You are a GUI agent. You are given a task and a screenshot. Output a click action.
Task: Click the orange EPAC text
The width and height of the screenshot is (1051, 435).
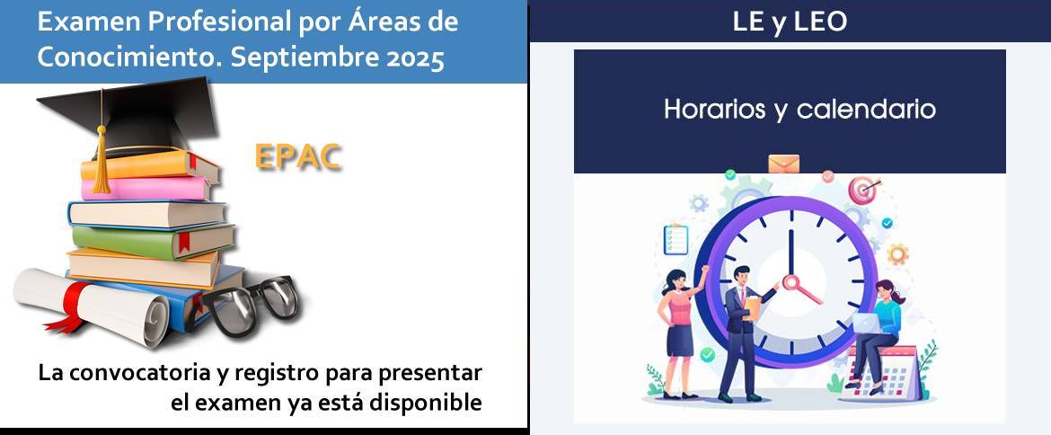298,157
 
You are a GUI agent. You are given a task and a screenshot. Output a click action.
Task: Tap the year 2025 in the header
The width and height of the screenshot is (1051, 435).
416,58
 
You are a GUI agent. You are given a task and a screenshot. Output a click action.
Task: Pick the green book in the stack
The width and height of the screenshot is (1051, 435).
154,241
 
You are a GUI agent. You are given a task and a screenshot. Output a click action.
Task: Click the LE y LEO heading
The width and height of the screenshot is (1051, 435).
790,22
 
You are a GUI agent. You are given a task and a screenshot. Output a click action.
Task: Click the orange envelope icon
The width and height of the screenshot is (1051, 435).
783,164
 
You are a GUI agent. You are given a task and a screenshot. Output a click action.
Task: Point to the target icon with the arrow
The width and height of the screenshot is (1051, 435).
863,191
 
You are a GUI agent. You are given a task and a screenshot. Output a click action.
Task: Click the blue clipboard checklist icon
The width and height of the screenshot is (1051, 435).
676,239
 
